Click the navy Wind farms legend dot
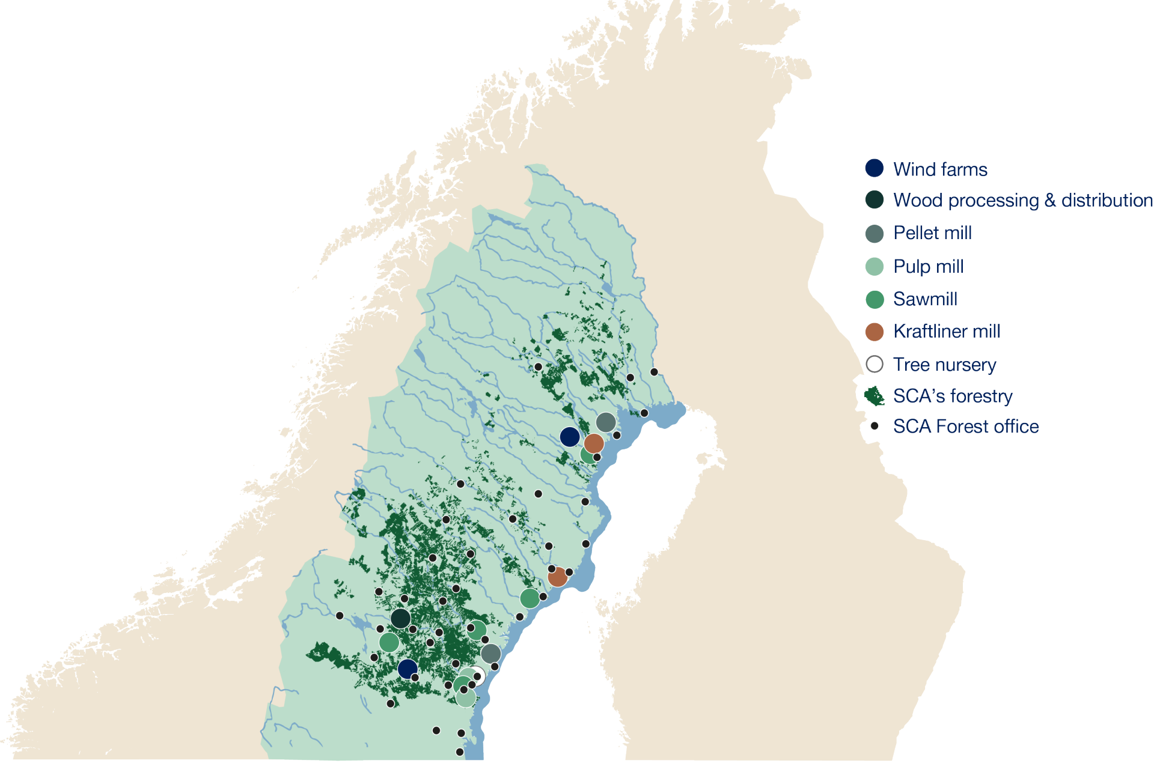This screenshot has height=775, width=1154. tap(874, 168)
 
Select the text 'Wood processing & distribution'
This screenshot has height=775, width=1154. tap(1022, 200)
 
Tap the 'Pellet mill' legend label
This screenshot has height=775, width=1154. tap(932, 233)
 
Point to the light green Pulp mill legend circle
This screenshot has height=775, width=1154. tap(874, 266)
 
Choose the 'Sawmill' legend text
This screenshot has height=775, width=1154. tap(925, 299)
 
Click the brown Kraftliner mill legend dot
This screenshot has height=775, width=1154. tap(874, 331)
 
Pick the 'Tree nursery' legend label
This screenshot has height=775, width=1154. tap(944, 364)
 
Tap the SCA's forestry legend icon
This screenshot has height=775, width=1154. tap(874, 396)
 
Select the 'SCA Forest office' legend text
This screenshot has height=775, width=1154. tap(966, 427)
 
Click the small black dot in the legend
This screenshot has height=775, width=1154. tap(875, 426)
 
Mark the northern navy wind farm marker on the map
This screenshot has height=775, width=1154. tap(569, 437)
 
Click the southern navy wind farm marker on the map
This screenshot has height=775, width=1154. tap(408, 668)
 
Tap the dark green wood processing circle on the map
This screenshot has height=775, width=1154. tap(400, 618)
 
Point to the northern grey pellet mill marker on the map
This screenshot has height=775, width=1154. tap(605, 422)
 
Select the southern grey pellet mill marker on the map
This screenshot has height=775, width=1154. tap(490, 653)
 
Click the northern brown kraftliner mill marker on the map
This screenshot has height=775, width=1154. tap(594, 443)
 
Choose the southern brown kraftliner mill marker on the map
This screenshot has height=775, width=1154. tap(557, 577)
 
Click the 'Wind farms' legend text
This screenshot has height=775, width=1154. tap(940, 169)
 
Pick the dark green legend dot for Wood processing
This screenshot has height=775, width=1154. tap(874, 200)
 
